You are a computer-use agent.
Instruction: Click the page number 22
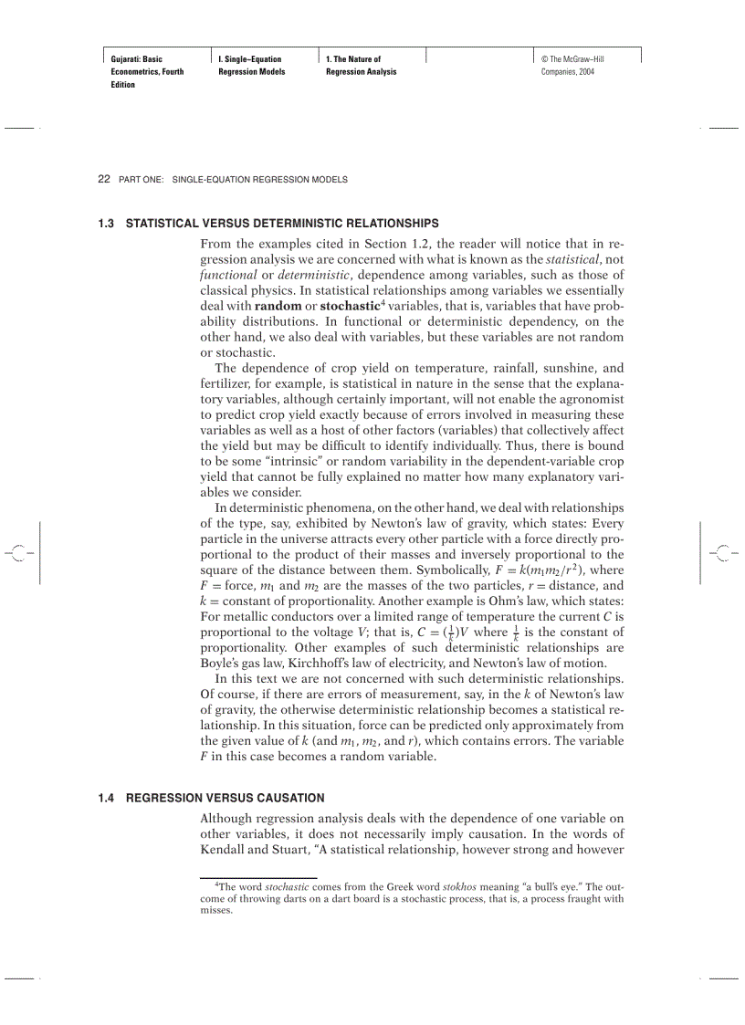coord(103,180)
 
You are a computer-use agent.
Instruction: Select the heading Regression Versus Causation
coord(225,798)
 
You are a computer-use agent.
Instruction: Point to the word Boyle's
coord(220,663)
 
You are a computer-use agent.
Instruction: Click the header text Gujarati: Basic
coord(137,59)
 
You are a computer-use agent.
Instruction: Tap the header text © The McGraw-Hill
coord(572,59)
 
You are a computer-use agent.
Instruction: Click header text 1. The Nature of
coord(353,59)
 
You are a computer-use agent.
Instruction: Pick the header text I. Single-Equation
coord(250,59)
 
